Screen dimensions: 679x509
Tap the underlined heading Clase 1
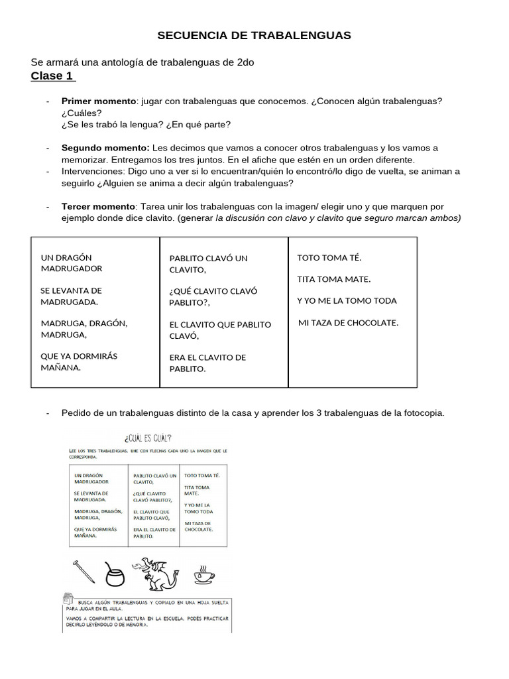52,76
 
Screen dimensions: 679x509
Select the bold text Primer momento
98,101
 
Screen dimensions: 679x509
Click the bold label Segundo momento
105,148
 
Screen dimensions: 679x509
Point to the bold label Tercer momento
98,207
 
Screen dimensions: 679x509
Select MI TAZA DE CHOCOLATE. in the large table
349,323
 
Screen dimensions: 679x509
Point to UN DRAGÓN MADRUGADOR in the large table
72,263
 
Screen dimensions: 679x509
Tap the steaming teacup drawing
203,574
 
